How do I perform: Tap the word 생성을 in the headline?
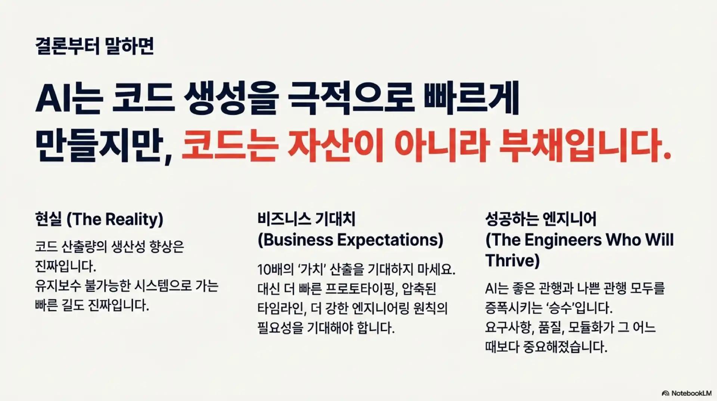pos(232,101)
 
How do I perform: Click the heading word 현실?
pos(48,219)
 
